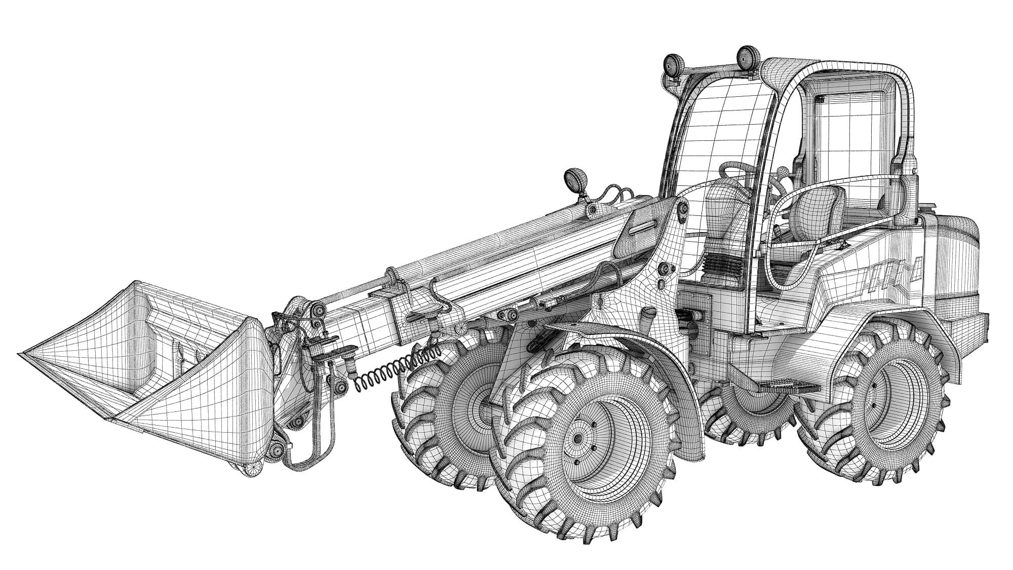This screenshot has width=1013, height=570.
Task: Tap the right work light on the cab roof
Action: tap(746, 57)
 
